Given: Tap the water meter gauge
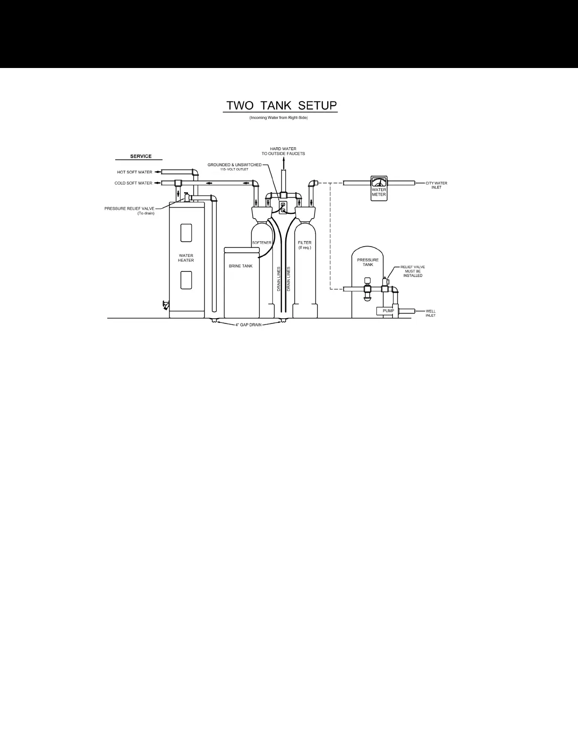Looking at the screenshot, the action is coord(379,182).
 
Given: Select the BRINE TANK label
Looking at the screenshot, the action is coord(241,266).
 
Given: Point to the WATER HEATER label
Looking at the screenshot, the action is coord(186,258).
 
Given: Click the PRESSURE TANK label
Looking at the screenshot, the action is coord(368,262).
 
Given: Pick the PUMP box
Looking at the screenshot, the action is coord(388,311).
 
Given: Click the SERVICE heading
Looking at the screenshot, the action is coord(141,156).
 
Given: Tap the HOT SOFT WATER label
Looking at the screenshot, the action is coord(135,172).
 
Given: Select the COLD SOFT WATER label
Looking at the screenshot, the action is coord(133,183).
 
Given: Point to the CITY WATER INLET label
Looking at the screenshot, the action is coord(436,185).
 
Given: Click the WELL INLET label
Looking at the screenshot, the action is coord(431,313).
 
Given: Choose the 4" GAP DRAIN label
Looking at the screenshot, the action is coord(248,325).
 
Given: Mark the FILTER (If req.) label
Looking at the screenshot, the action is coord(305,245).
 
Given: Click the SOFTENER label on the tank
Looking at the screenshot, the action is coord(262,243).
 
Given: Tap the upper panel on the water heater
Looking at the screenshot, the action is coord(186,233).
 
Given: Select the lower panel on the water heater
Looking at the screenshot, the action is coord(186,280).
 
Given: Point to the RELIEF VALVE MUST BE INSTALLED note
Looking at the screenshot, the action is coord(413,271).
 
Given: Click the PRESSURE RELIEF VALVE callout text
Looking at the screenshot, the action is coord(129,211).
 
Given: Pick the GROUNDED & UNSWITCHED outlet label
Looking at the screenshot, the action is coord(234,167).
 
